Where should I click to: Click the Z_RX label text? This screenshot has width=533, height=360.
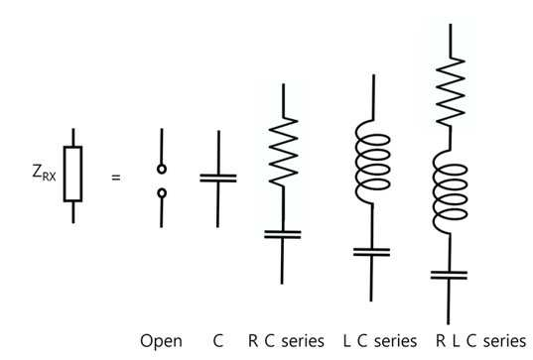[44, 173]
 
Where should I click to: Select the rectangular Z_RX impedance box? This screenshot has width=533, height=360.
[64, 174]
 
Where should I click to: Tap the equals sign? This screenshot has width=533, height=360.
[116, 178]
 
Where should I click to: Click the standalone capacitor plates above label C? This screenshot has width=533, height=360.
[218, 179]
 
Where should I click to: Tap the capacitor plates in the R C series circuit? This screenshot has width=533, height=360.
[283, 234]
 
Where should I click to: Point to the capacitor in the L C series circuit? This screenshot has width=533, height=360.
[371, 252]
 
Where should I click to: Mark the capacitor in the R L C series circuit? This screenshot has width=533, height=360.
[449, 275]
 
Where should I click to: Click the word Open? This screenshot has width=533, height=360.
[161, 341]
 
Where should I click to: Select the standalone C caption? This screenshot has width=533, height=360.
[218, 341]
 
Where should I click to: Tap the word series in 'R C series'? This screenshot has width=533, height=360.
[303, 341]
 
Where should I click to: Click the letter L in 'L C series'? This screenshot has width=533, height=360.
[347, 341]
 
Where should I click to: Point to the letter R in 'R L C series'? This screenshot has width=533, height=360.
[441, 341]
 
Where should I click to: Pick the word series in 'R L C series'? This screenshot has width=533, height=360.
[505, 341]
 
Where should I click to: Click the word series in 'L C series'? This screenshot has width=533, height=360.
[396, 341]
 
